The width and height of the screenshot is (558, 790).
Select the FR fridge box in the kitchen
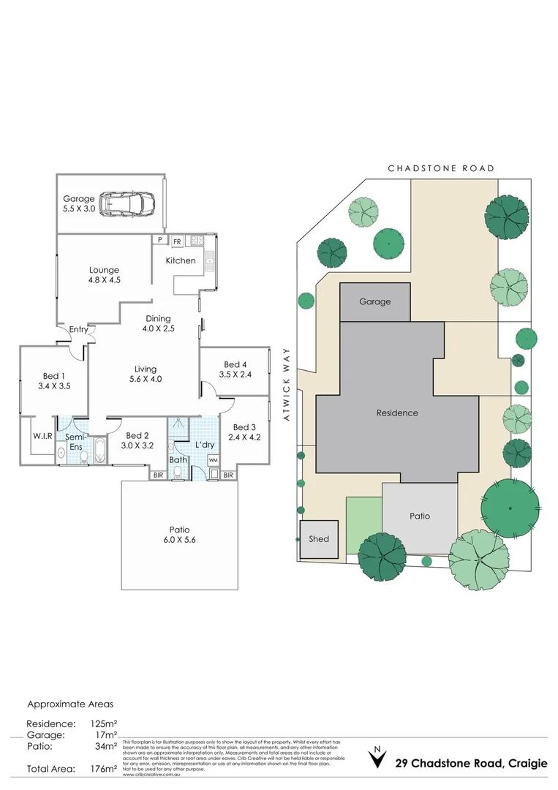click(x=177, y=240)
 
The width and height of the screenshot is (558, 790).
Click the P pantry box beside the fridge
click(x=159, y=240)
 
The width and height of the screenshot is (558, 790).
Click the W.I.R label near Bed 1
click(x=42, y=436)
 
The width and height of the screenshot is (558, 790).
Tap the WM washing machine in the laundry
click(x=213, y=459)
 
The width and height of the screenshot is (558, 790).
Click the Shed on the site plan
click(x=319, y=539)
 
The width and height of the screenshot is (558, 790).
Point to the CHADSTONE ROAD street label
click(x=441, y=168)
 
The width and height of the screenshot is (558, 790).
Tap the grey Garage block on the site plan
click(x=374, y=301)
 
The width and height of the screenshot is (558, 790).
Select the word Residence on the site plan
click(x=397, y=413)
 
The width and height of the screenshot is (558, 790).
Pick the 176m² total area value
click(x=102, y=769)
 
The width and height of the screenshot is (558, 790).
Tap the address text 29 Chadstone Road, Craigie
click(x=471, y=764)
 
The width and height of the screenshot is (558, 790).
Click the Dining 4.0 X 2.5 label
click(x=158, y=323)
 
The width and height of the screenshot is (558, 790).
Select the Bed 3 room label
click(x=245, y=432)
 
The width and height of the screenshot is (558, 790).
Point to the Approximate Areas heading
click(x=70, y=704)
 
